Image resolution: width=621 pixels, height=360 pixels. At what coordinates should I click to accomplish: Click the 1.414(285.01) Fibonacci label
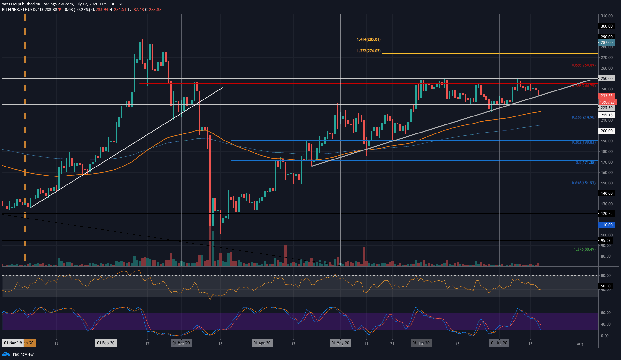[368, 39]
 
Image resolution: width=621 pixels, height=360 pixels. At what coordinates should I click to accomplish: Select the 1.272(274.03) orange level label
[368, 51]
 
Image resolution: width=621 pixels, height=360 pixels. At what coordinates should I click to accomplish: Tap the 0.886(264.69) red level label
[583, 65]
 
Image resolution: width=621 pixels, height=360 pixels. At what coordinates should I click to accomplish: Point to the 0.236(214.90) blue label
[583, 117]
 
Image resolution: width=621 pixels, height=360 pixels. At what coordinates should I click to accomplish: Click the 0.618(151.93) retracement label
[583, 183]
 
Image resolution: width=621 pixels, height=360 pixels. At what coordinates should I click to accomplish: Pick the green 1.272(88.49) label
[584, 249]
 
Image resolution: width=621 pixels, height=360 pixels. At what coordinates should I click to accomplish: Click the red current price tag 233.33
[606, 96]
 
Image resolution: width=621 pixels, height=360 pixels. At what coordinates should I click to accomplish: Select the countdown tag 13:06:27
[607, 102]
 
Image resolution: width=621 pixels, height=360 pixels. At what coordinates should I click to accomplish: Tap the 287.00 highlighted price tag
[606, 43]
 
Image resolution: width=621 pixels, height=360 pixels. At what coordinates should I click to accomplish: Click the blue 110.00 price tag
[606, 225]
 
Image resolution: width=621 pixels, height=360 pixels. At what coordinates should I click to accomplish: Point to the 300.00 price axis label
[606, 26]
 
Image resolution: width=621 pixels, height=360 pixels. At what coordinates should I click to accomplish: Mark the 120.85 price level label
[606, 214]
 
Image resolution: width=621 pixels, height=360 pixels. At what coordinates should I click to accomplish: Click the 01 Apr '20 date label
[262, 343]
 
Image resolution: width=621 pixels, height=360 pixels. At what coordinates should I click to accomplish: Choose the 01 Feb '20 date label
[106, 343]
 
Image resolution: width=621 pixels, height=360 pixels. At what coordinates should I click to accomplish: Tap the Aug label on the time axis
[580, 344]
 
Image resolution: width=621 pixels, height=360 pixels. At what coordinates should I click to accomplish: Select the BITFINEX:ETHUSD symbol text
[19, 10]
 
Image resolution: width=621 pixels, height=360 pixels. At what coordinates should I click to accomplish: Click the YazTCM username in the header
[9, 4]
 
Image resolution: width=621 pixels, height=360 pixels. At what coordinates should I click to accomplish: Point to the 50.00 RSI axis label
[606, 286]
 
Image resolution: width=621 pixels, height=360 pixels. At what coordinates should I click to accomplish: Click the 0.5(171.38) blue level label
[585, 163]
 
